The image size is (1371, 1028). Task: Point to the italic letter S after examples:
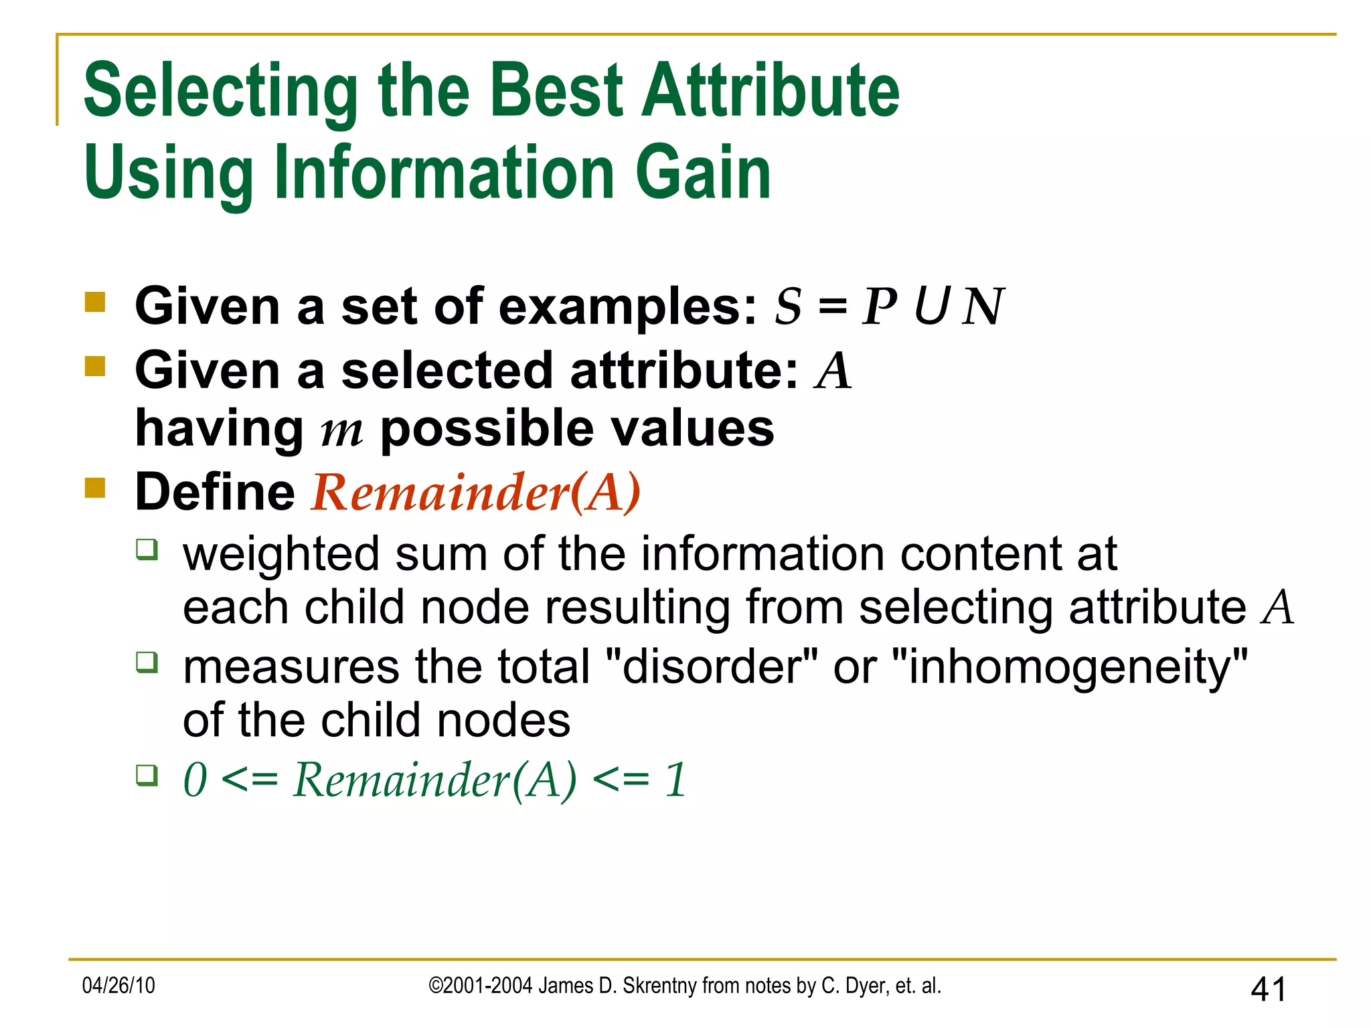coord(788,307)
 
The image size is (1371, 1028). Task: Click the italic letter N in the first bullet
coord(982,307)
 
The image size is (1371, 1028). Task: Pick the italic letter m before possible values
coord(341,430)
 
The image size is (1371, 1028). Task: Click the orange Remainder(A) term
coord(476,493)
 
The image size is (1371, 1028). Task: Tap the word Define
coord(215,492)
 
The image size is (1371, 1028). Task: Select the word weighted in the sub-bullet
coord(281,555)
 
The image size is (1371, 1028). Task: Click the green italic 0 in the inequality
coord(195,780)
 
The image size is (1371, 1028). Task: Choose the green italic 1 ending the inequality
coord(675,780)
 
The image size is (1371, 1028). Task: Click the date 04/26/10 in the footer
coord(118,986)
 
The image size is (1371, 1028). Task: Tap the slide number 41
coord(1268,989)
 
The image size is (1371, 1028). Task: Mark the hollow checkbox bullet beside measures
coord(147,663)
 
